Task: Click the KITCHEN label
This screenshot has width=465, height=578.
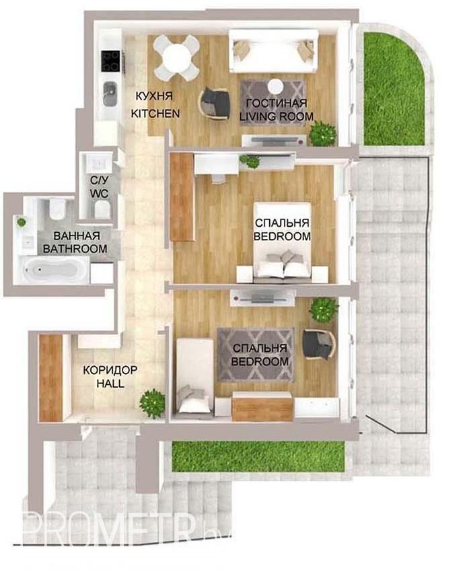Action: [x=155, y=113]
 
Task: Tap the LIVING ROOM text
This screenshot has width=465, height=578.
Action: [x=277, y=116]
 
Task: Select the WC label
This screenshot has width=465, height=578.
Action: [x=99, y=194]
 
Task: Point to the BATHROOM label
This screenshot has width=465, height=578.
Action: [x=75, y=248]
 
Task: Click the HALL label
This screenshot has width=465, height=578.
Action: [x=110, y=384]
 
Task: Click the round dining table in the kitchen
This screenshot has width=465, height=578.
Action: [x=177, y=57]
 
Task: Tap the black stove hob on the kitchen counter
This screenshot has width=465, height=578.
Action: [x=111, y=61]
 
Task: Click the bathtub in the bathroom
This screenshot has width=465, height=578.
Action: [x=52, y=270]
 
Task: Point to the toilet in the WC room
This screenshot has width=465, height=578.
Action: [x=102, y=210]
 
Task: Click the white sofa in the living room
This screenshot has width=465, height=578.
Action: [x=273, y=51]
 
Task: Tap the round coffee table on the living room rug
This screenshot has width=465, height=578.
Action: [x=275, y=87]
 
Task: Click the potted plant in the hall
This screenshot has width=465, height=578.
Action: [x=152, y=403]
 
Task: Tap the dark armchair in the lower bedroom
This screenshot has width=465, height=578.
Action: [x=318, y=344]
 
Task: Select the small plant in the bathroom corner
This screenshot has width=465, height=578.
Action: [x=22, y=222]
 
